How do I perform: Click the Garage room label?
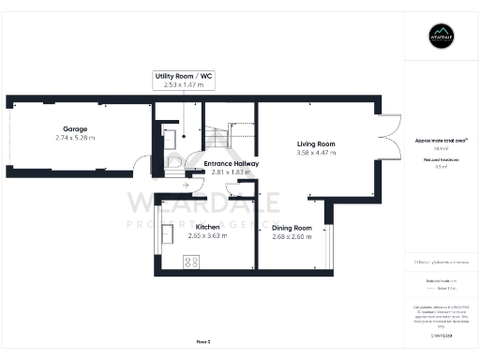tap(75, 128)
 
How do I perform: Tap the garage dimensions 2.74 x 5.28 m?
tap(75, 138)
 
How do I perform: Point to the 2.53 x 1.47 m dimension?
tap(184, 84)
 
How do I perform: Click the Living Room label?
tap(316, 143)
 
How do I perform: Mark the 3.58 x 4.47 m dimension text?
tap(316, 153)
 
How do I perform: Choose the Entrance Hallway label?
tap(232, 163)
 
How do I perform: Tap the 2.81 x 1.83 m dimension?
tap(232, 172)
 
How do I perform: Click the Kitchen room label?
tap(207, 227)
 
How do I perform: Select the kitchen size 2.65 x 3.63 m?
tap(207, 236)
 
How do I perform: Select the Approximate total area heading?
tap(441, 140)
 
